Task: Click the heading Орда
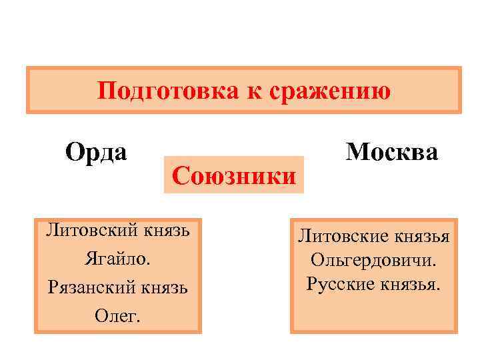(x=96, y=152)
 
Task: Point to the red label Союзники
(x=233, y=177)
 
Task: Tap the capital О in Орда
(x=74, y=152)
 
